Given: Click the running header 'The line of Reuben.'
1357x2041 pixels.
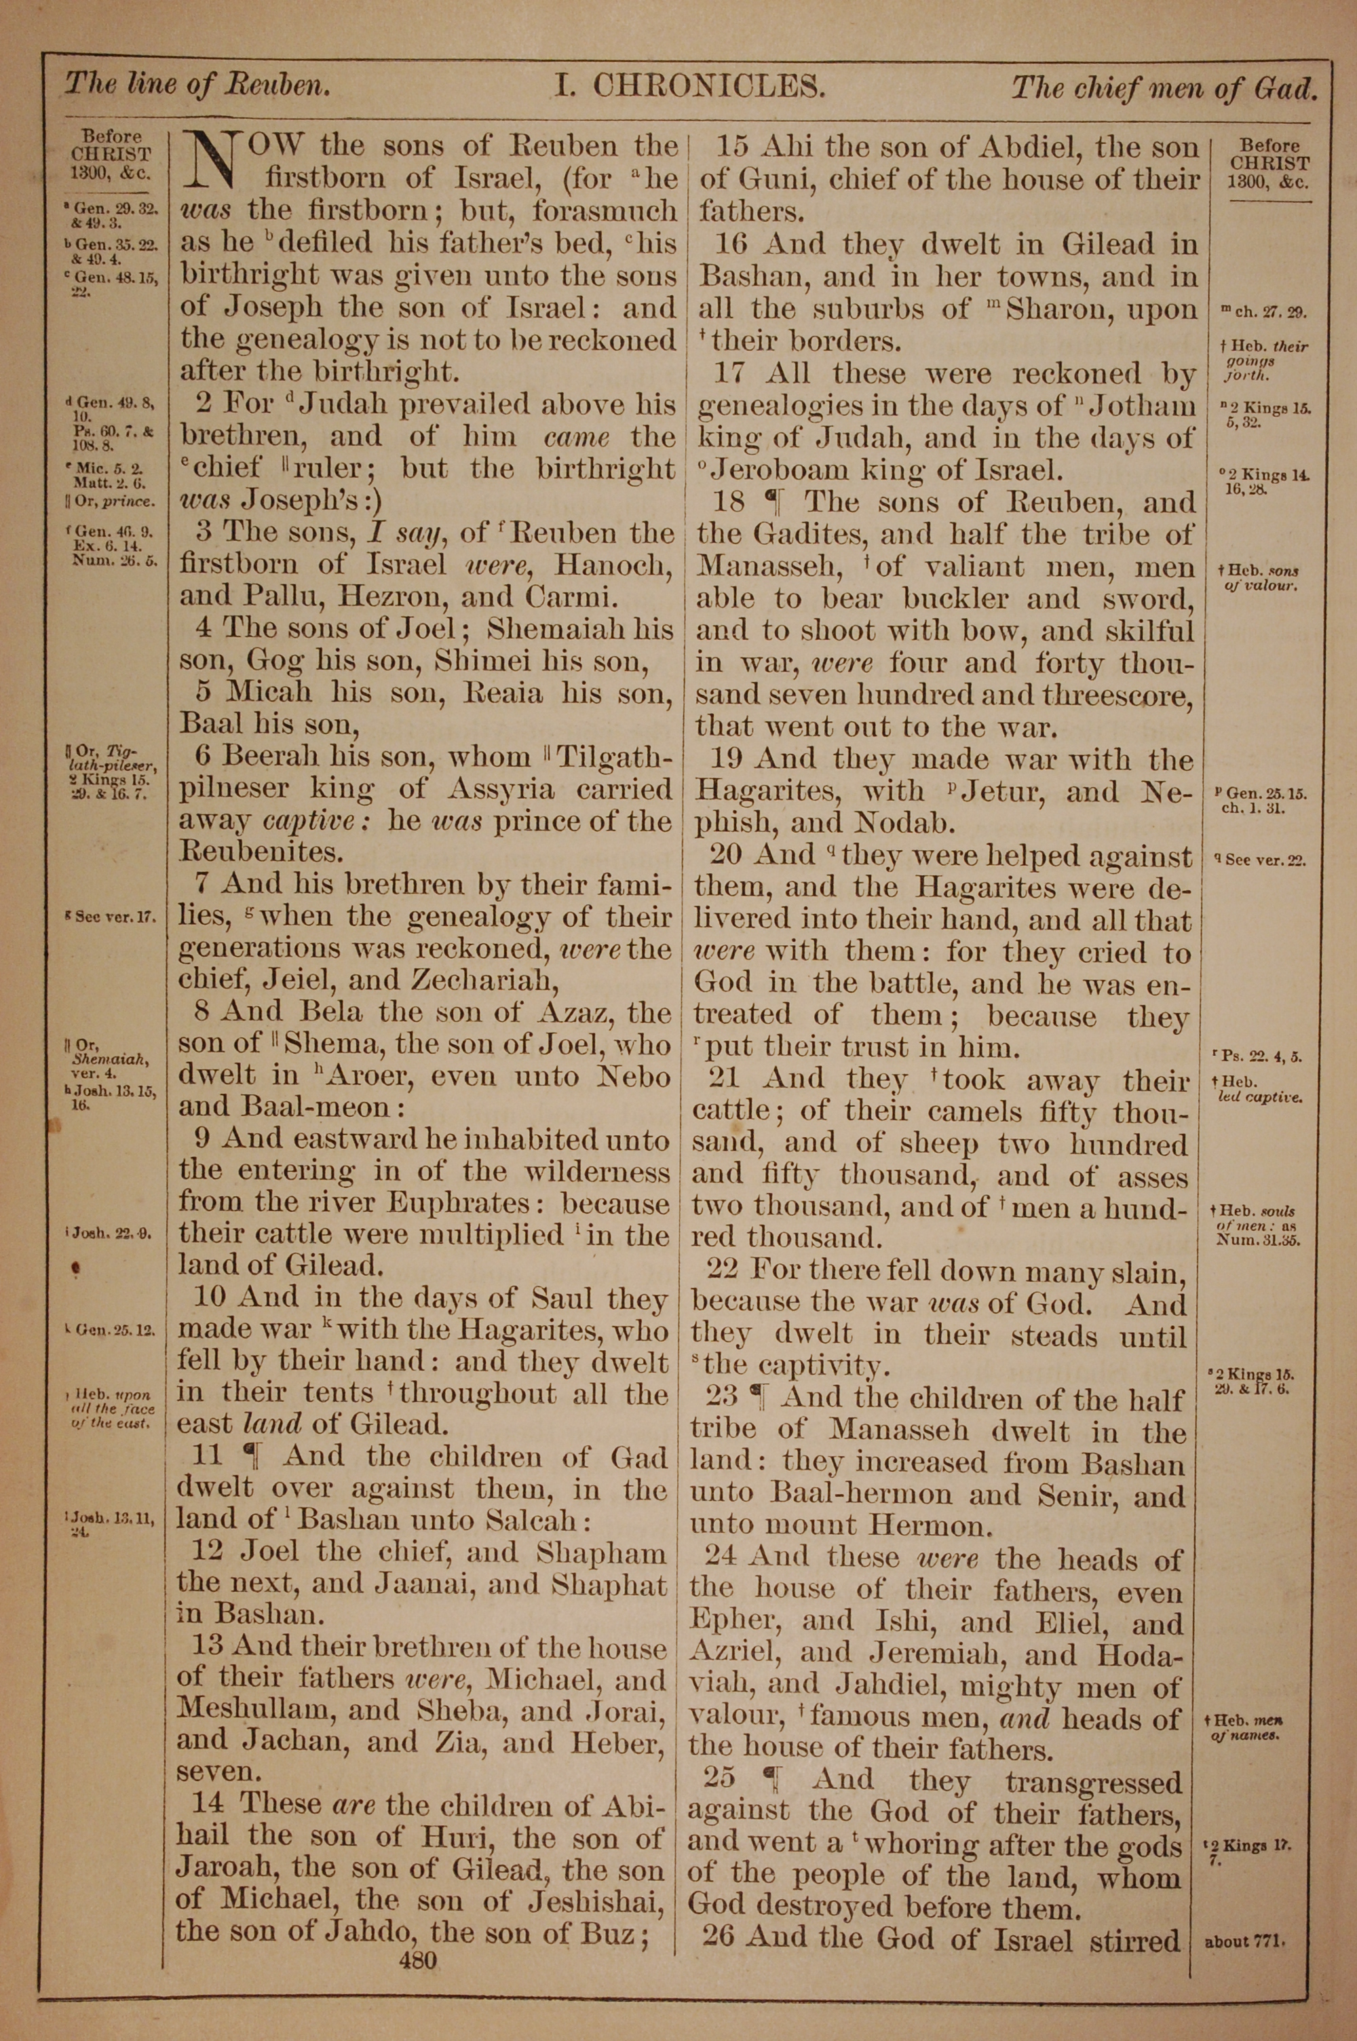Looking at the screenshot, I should pos(197,85).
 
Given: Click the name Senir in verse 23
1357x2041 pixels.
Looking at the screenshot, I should pos(1100,1494).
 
